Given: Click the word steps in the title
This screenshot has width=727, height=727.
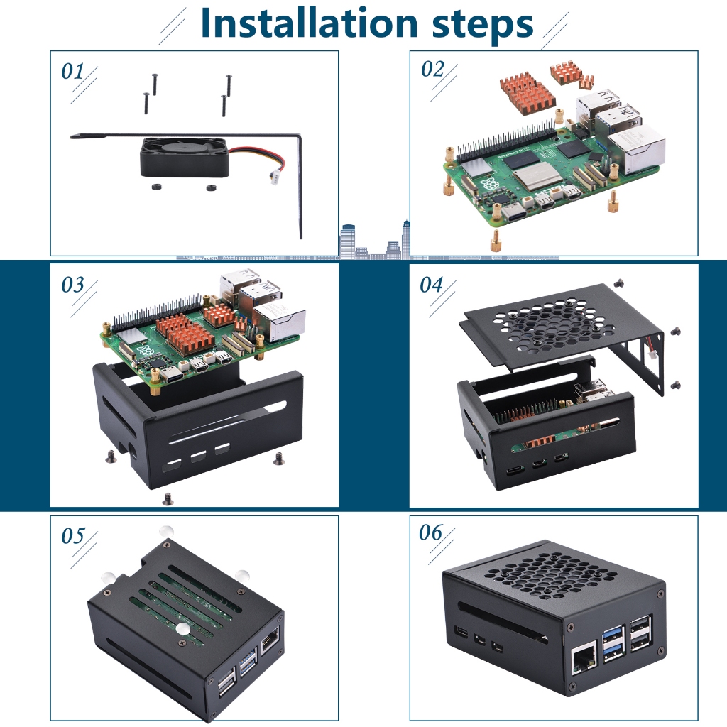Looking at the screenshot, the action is coord(482,26).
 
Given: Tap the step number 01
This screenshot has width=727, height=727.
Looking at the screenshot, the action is coord(72,71).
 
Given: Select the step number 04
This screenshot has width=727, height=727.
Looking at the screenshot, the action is coord(431,285).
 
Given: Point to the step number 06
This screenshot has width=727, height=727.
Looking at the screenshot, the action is coord(431,532).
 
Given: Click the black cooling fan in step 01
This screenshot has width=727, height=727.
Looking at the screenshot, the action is coord(185,157).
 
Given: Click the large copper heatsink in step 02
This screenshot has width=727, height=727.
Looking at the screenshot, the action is coord(528,93).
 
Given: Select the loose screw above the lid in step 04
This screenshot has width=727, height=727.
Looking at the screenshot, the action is coord(619,283).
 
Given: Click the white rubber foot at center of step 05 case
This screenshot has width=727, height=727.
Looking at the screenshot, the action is coord(182,629).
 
